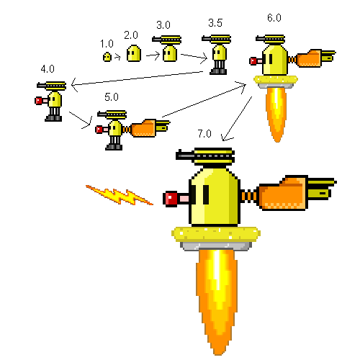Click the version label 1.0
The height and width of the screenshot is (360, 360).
click(x=107, y=43)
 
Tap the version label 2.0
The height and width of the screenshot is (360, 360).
click(x=130, y=35)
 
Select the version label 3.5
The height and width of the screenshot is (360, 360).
click(x=215, y=24)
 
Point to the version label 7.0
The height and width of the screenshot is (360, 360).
click(x=204, y=134)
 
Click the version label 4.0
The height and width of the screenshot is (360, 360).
click(x=48, y=69)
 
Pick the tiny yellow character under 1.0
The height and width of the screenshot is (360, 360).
click(x=107, y=55)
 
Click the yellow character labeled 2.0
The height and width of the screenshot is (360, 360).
click(x=133, y=53)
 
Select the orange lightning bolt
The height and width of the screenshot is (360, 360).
click(x=119, y=194)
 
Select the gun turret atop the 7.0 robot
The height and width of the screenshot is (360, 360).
click(x=207, y=154)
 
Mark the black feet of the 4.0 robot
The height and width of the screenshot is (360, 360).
click(x=53, y=116)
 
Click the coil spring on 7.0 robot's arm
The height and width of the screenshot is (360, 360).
click(x=249, y=195)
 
